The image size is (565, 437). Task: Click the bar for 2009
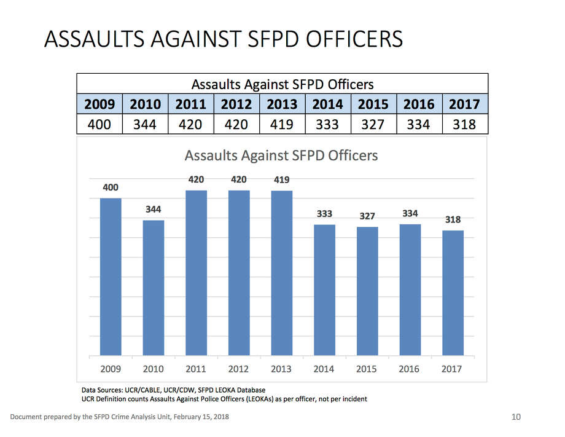coord(111,277)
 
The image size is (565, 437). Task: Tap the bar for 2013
coord(281,273)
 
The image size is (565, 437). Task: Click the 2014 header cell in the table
coord(327,103)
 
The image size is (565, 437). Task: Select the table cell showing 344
coord(145,124)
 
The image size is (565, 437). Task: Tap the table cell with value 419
coord(282,124)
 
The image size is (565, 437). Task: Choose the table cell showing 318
coord(464,124)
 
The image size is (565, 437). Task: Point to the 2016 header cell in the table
coord(419,103)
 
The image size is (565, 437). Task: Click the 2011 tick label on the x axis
coord(196,369)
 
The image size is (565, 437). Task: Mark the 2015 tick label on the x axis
coord(367,369)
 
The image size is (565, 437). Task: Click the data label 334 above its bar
coord(410,213)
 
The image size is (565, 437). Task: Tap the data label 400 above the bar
coord(111,187)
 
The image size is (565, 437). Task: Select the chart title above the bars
coord(281,156)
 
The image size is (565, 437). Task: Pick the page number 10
coord(516,417)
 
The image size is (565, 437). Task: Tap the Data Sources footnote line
coord(173,390)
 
